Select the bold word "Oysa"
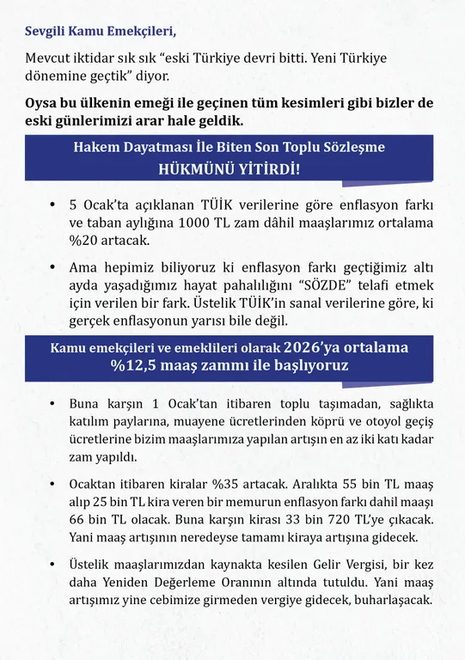click(43, 103)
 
